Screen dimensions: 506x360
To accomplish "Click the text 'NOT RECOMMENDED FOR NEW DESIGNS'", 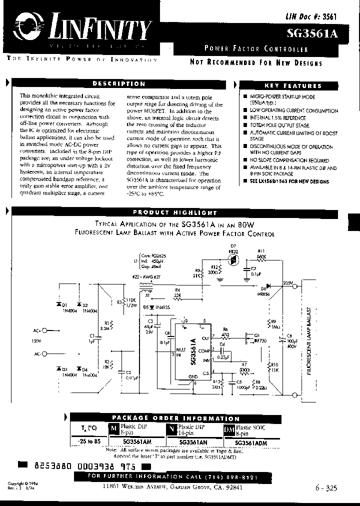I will (x=255, y=62).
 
